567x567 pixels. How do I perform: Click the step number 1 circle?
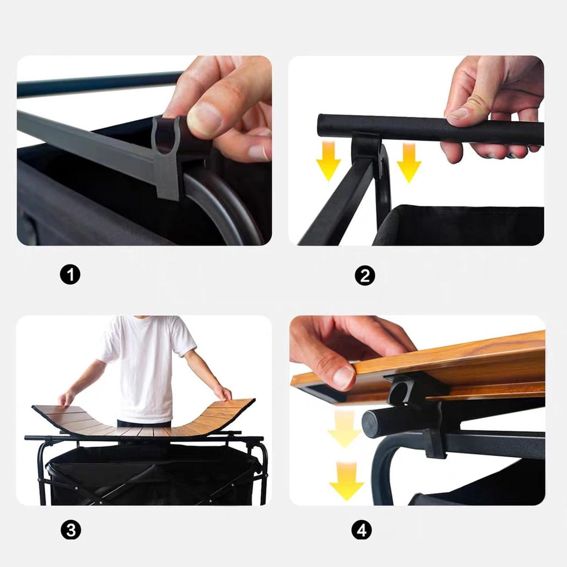[70, 275]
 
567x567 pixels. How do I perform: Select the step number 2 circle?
[365, 276]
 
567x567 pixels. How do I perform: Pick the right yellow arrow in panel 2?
[409, 163]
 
